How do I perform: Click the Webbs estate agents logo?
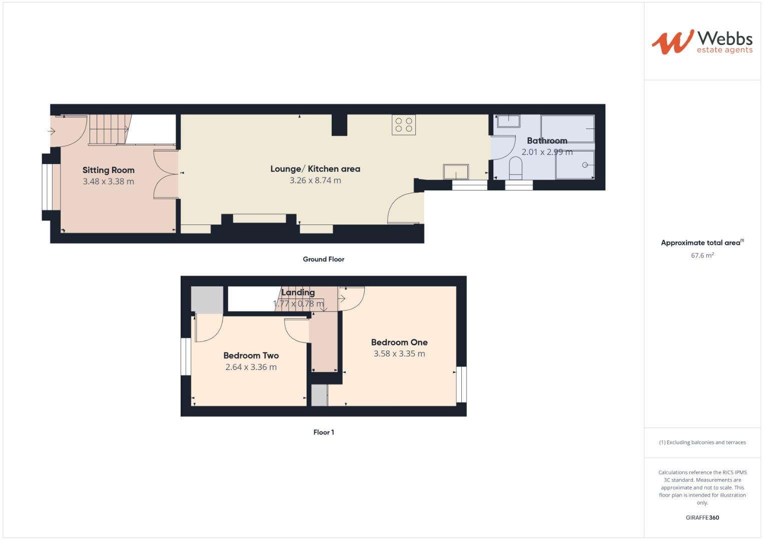click(x=701, y=42)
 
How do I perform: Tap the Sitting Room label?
click(x=109, y=170)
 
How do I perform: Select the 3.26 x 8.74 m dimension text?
click(x=315, y=180)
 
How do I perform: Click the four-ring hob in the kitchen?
click(x=404, y=124)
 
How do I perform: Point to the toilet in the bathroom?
click(x=515, y=168)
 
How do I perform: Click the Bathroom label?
click(x=547, y=140)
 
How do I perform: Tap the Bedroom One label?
click(x=399, y=342)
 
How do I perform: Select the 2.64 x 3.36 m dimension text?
click(x=251, y=367)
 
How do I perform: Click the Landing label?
click(x=298, y=292)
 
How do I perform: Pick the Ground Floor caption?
click(x=323, y=259)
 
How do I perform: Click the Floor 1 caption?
click(x=323, y=432)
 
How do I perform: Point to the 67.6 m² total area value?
click(x=702, y=255)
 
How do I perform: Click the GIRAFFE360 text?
click(x=702, y=517)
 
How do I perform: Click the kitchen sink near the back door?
click(x=456, y=171)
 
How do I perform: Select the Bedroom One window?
click(x=461, y=384)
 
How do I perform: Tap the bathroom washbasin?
click(x=508, y=121)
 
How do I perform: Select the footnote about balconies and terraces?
click(x=702, y=442)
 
